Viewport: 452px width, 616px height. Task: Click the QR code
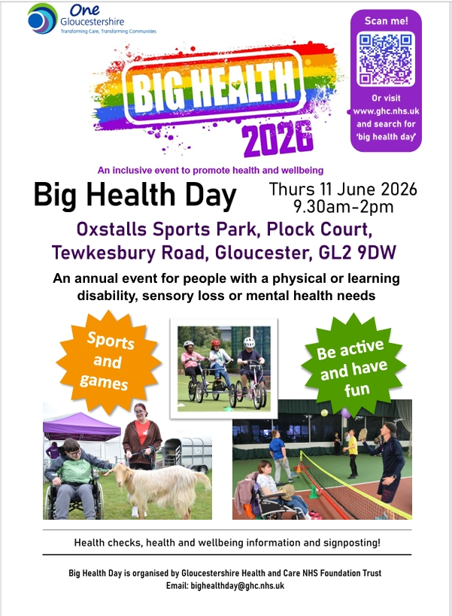click(386, 59)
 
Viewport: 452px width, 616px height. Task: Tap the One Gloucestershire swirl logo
click(42, 19)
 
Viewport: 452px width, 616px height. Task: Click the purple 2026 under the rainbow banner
click(278, 138)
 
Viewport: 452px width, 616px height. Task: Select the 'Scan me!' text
click(386, 21)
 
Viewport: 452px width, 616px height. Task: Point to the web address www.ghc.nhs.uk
click(386, 111)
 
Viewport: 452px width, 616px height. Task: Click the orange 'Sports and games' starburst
click(108, 361)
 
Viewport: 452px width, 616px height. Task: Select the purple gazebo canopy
click(82, 426)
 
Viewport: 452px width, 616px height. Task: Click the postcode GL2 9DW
click(357, 253)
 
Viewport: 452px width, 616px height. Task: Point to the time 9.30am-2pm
click(344, 207)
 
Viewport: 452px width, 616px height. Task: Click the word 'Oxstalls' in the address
click(111, 229)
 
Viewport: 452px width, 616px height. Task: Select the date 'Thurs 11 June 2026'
click(343, 189)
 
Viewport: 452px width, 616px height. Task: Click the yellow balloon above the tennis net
click(324, 412)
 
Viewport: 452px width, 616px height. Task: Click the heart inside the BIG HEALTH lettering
click(235, 83)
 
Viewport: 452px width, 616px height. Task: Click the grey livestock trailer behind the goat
click(188, 454)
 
